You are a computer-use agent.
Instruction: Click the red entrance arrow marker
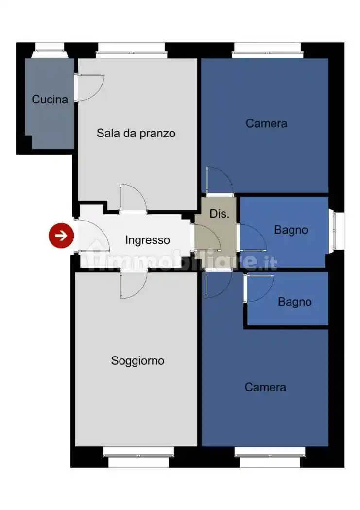[x=61, y=236]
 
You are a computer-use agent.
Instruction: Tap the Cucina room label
[x=50, y=100]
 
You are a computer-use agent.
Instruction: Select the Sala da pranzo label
[x=136, y=133]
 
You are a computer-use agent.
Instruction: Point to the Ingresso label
[x=148, y=240]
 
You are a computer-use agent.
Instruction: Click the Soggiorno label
[x=137, y=361]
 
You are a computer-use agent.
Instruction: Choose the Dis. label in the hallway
[x=219, y=214]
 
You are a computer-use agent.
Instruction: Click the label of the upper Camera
[x=266, y=123]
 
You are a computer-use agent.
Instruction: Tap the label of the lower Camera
[x=265, y=387]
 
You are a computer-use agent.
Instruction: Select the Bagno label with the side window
[x=291, y=230]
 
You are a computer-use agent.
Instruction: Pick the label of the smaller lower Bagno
[x=294, y=302]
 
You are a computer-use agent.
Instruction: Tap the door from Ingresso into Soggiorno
[x=133, y=285]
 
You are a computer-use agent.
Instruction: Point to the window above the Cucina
[x=50, y=47]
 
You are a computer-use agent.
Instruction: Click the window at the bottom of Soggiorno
[x=138, y=457]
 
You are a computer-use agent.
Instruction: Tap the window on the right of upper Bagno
[x=337, y=231]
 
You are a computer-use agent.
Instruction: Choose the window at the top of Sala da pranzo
[x=131, y=48]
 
